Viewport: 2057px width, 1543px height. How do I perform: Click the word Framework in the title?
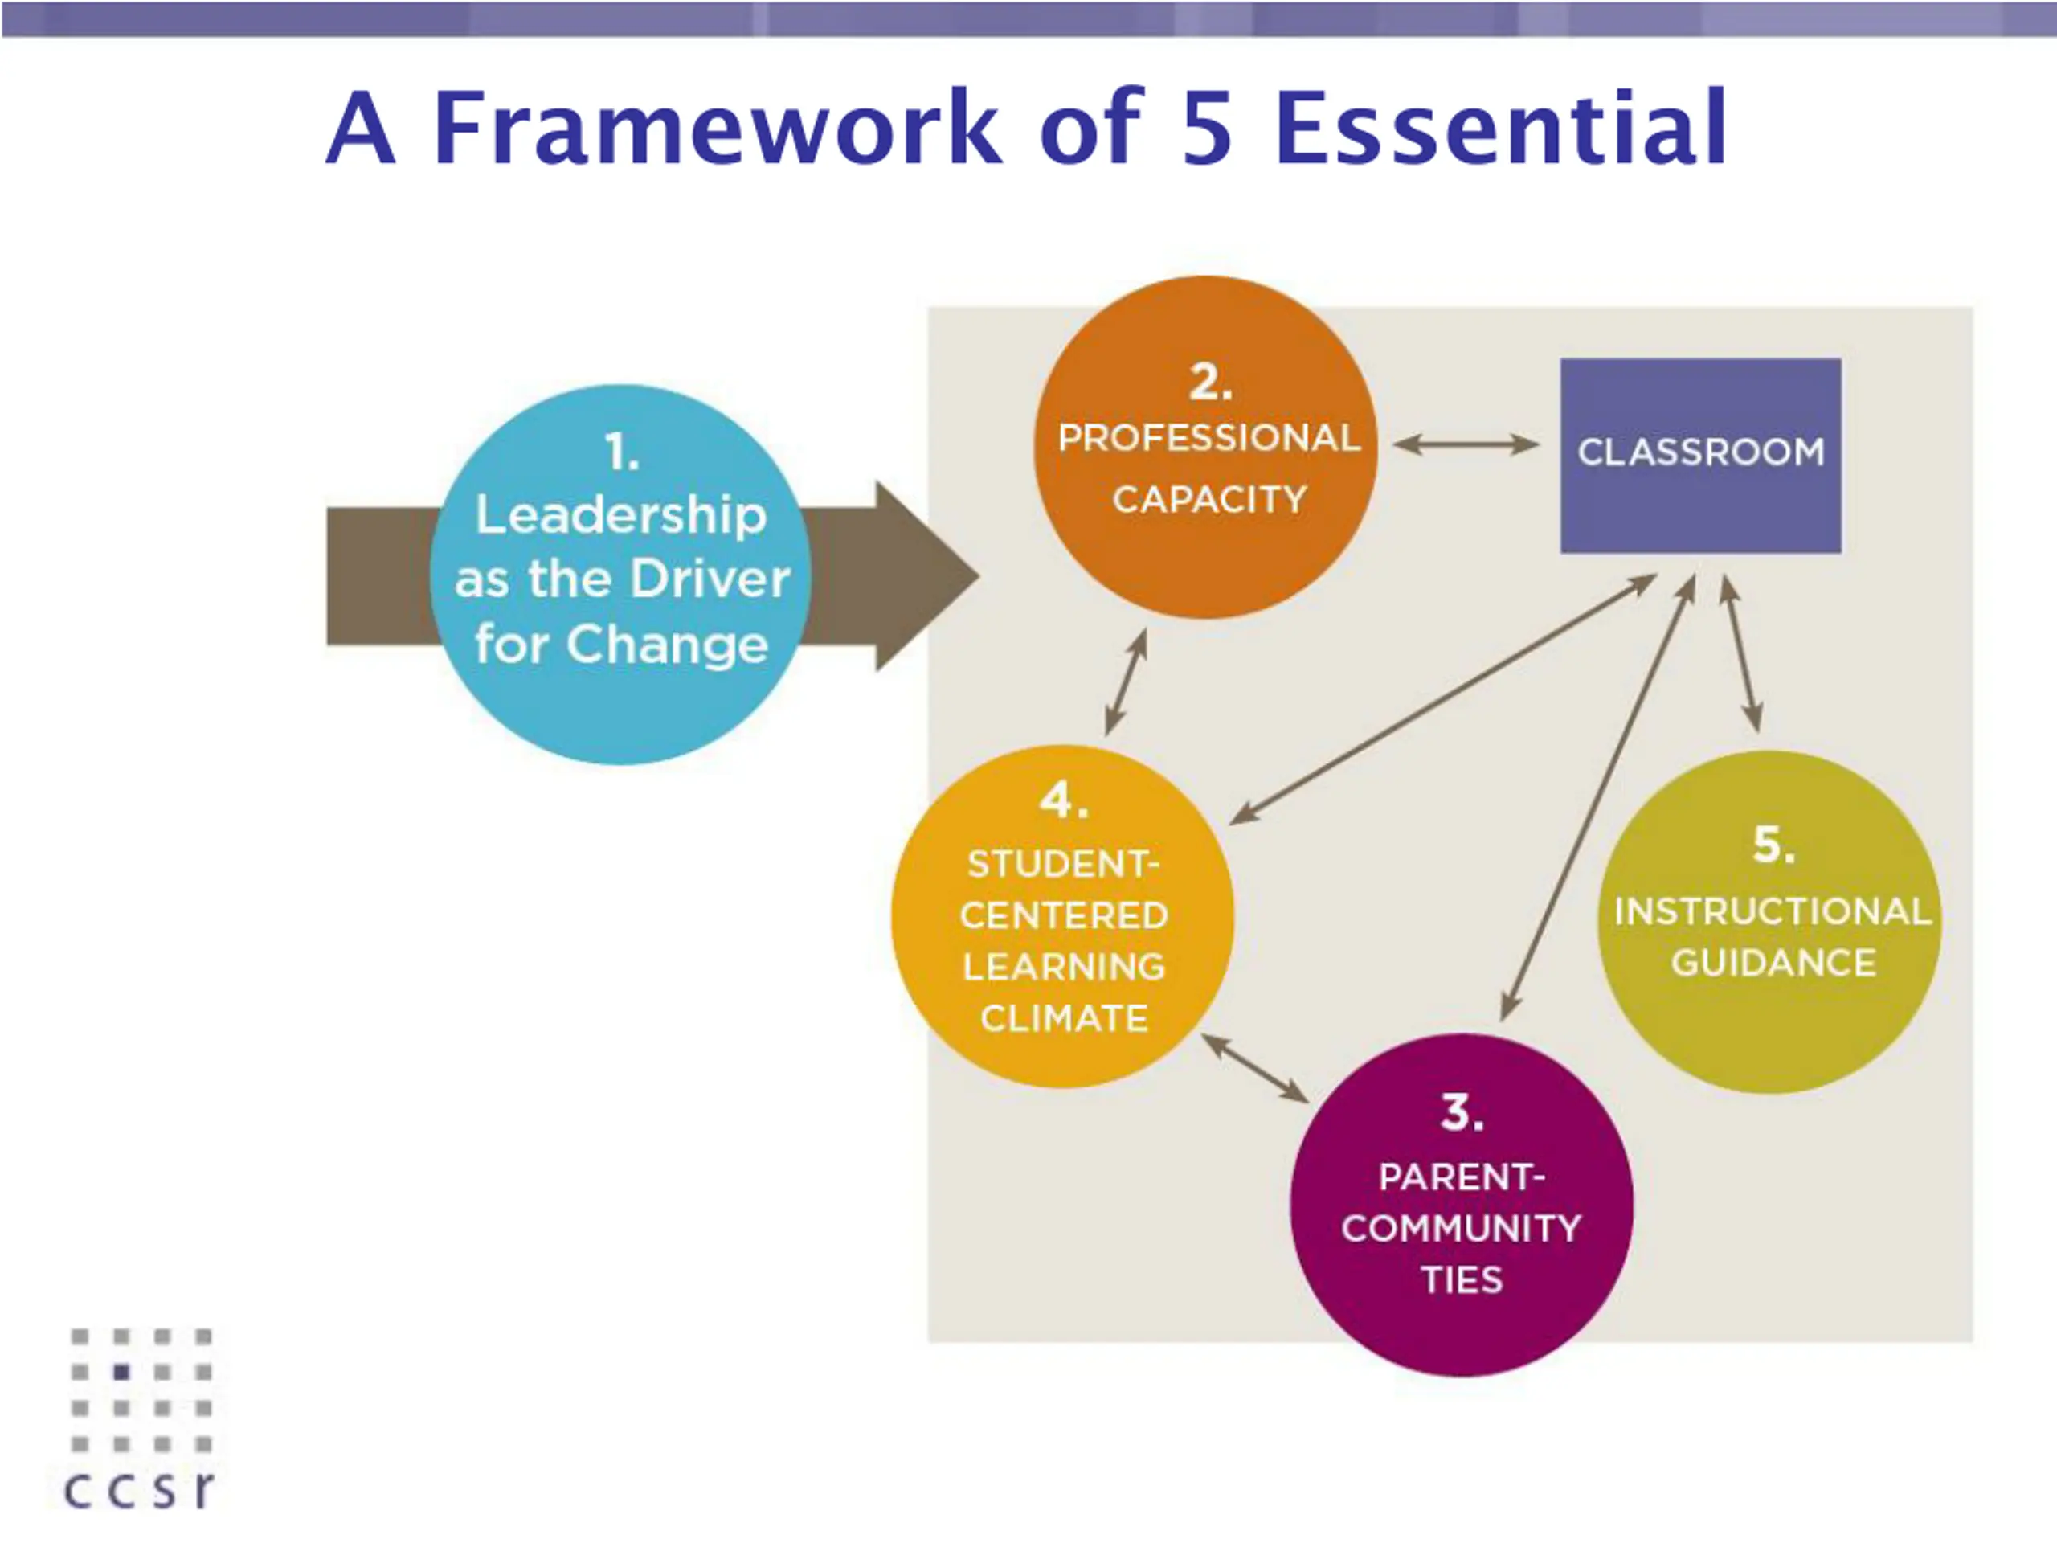coord(716,128)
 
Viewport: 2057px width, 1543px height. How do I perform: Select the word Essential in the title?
coord(1500,128)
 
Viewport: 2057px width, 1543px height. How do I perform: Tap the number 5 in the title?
coord(1206,129)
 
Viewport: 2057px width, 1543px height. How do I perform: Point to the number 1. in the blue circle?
coord(622,453)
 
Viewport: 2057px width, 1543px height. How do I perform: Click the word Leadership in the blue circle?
coord(621,515)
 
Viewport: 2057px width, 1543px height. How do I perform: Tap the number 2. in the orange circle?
coord(1210,383)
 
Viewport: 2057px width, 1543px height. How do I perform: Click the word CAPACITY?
coord(1209,499)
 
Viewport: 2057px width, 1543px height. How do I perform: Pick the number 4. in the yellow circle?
coord(1063,800)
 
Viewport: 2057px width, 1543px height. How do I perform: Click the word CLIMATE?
coord(1063,1018)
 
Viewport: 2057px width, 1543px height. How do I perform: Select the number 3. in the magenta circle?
coord(1461,1112)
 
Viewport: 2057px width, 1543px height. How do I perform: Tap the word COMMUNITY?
coord(1461,1228)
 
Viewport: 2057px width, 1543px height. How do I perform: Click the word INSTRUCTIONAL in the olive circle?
coord(1773,911)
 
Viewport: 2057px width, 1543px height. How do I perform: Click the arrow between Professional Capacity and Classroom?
coord(1466,444)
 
